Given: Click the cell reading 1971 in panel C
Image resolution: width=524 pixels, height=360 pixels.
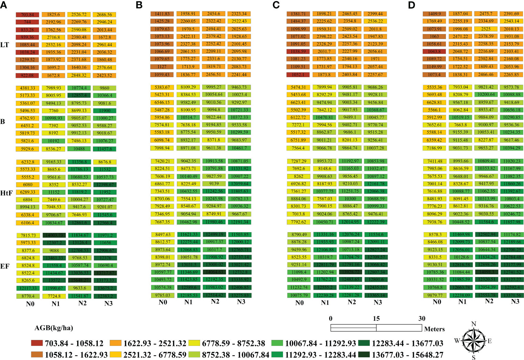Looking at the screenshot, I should pyautogui.click(x=375, y=59).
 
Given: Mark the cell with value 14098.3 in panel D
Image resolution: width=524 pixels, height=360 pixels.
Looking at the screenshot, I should pyautogui.click(x=486, y=272).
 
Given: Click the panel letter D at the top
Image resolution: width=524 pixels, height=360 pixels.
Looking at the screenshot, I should pyautogui.click(x=411, y=5).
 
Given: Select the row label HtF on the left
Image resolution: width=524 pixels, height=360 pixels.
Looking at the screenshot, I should pyautogui.click(x=7, y=193).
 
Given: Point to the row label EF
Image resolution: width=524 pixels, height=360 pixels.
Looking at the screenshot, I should pyautogui.click(x=5, y=266).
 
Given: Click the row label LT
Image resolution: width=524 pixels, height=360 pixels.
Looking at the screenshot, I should pyautogui.click(x=4, y=45).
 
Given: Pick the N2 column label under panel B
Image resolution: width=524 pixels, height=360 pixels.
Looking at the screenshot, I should pyautogui.click(x=215, y=302).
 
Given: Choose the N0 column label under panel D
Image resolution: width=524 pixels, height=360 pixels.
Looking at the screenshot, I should pyautogui.click(x=437, y=302).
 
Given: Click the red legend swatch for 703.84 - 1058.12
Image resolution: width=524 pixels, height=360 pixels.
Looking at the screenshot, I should pyautogui.click(x=37, y=343).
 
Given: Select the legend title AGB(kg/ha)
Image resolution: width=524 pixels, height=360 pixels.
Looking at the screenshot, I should pyautogui.click(x=54, y=328).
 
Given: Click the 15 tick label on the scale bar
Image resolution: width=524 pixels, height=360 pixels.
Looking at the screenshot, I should pyautogui.click(x=376, y=319).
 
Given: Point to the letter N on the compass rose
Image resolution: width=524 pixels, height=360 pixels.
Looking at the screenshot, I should pyautogui.click(x=473, y=324).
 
